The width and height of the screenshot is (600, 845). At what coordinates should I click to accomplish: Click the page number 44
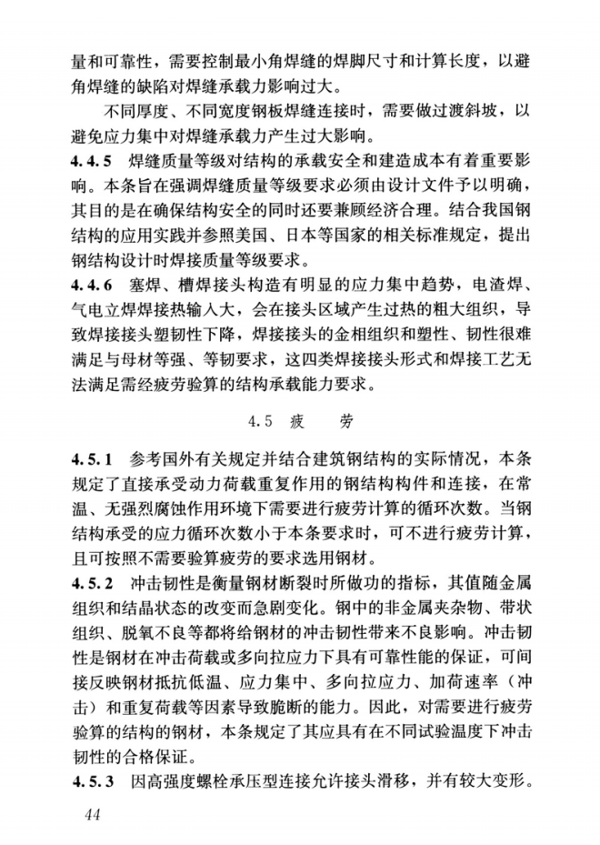point(91,813)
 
